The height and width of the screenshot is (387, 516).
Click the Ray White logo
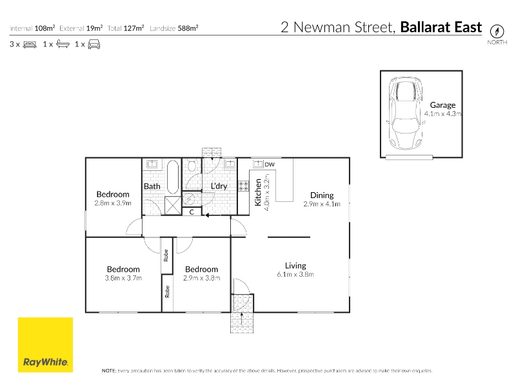tap(45, 345)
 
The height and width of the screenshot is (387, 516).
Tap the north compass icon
tap(497, 32)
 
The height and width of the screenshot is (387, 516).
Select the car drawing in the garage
tap(406, 114)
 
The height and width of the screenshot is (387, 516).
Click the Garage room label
tap(442, 105)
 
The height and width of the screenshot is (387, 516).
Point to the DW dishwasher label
tap(270, 164)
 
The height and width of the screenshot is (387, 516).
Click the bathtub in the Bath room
tap(173, 177)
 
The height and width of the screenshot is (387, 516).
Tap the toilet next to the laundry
tap(192, 164)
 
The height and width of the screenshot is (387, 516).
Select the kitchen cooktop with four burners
tap(244, 186)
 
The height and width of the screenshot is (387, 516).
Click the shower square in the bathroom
tap(173, 206)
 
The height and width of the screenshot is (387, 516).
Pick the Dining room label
tap(322, 195)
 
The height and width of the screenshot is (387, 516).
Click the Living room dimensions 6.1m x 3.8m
tap(295, 275)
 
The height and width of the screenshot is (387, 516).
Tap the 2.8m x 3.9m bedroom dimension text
tap(113, 203)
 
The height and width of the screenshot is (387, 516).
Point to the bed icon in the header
tap(30, 45)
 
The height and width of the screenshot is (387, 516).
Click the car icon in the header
tap(94, 45)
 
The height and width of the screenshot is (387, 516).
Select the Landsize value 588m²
tap(188, 28)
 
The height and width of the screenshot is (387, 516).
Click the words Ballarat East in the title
tap(441, 27)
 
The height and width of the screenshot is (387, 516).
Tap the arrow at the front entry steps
tap(242, 319)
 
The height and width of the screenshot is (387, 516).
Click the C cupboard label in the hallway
tap(192, 212)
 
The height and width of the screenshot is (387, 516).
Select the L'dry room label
tap(219, 186)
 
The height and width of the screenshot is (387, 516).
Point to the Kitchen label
tap(258, 192)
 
